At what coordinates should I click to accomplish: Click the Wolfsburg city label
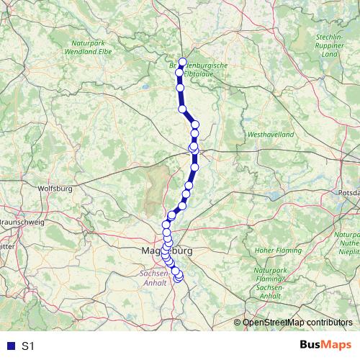pos(58,190)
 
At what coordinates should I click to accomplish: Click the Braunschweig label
pos(18,222)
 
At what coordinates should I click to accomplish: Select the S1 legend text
pos(28,346)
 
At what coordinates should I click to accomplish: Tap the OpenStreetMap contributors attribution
pos(299,323)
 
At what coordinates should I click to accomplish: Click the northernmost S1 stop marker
pos(182,62)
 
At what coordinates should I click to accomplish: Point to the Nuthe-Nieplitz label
pos(350,246)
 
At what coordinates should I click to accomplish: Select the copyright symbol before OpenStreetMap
pos(238,323)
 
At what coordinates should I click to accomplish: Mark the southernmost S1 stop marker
pos(179,278)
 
